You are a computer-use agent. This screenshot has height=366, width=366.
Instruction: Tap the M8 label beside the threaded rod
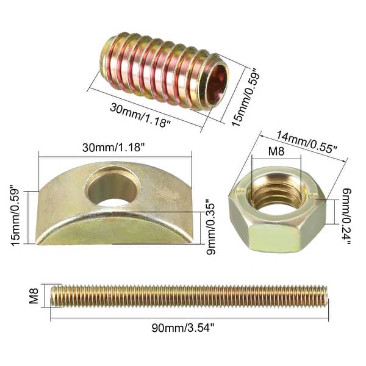[35, 296]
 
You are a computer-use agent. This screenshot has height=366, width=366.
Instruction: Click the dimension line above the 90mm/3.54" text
[189, 318]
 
